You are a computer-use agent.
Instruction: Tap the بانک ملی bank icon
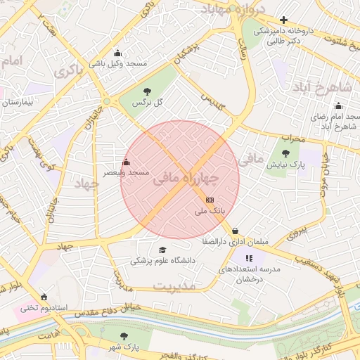coord(210,200)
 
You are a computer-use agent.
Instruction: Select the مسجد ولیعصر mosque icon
coord(127,162)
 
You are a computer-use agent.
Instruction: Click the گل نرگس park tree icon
coord(146,91)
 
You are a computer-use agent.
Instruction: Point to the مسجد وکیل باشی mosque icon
coord(117,53)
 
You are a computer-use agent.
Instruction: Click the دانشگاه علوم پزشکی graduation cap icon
coord(162,250)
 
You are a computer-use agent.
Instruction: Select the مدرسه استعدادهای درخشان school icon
coord(249,258)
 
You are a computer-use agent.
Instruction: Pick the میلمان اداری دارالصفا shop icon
coord(235,231)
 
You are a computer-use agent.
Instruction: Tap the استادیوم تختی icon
coord(45,296)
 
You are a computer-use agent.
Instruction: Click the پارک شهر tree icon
coord(124,336)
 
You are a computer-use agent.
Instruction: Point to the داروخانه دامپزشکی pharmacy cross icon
coord(283,20)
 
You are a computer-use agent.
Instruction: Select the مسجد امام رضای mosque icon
coord(338,105)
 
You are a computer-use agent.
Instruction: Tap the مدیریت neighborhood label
coord(172,286)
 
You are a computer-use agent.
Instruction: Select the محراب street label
coord(292,139)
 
